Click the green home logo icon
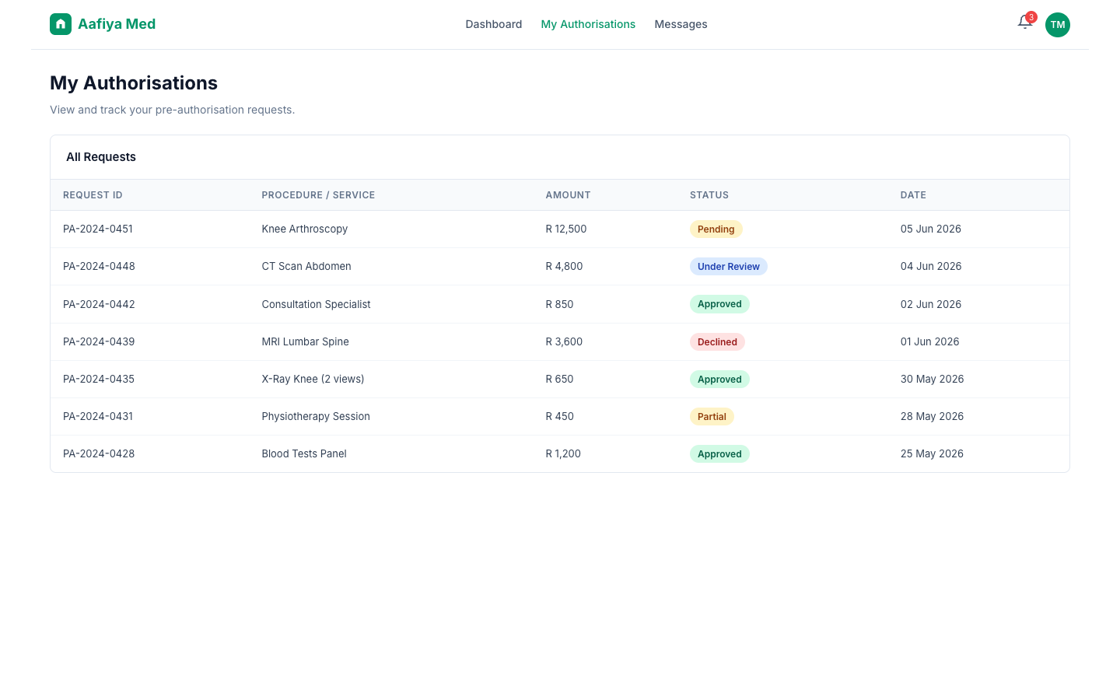point(61,24)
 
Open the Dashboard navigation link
point(493,24)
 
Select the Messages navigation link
point(681,24)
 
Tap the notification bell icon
point(1024,23)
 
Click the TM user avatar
point(1058,25)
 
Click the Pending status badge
point(716,229)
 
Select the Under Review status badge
point(729,267)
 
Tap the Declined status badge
point(717,342)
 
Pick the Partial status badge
point(712,417)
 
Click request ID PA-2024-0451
point(98,229)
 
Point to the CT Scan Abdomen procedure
point(306,267)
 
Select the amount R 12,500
point(566,229)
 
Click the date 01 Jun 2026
point(929,341)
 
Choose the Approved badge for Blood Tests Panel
point(719,454)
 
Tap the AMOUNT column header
point(568,195)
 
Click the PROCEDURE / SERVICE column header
point(318,195)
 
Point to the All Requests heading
point(101,157)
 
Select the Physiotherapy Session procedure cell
point(316,417)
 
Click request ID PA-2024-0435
point(99,379)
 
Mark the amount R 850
point(559,304)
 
